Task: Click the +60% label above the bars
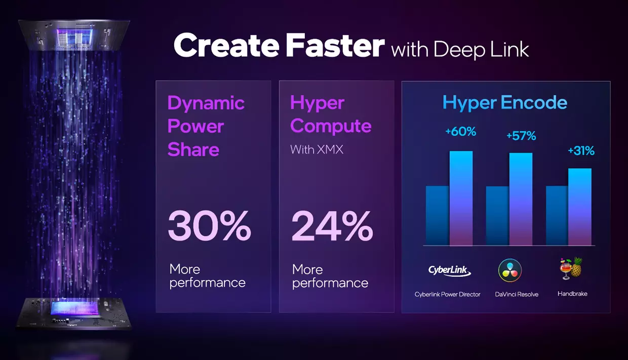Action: point(461,131)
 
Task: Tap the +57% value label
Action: point(521,136)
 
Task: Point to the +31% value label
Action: point(581,150)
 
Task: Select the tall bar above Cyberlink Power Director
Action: point(461,198)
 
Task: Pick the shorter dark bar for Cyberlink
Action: point(438,216)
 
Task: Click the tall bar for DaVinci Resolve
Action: point(521,199)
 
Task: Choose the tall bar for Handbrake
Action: point(580,207)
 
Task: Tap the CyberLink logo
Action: point(449,270)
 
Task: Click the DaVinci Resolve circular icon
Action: point(510,270)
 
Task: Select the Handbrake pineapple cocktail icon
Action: point(571,268)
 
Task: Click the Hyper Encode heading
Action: point(504,102)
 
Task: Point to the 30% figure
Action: point(210,226)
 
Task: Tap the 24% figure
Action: point(332,226)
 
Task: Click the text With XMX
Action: point(317,149)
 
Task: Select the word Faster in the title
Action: point(335,46)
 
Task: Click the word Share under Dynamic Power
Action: point(193,149)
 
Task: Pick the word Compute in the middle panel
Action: point(331,126)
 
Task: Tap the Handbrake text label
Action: point(572,294)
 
